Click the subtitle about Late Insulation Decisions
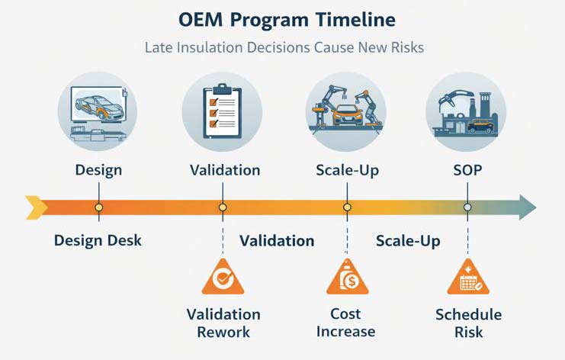click(282, 47)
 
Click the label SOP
click(467, 169)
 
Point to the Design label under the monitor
click(98, 169)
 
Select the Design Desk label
click(98, 241)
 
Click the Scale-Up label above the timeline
click(348, 169)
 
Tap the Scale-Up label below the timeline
click(407, 241)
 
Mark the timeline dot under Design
click(98, 207)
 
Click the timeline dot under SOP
click(467, 207)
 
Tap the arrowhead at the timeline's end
click(527, 207)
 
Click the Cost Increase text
click(347, 323)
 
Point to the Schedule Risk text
click(468, 323)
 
